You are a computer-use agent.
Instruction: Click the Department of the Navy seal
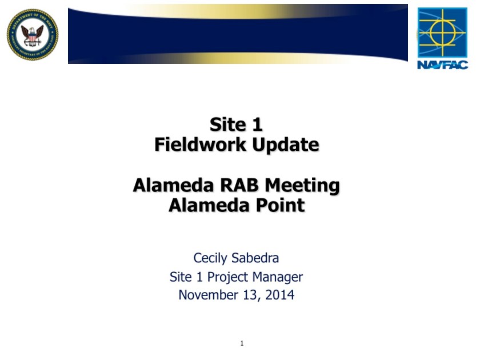coord(33,35)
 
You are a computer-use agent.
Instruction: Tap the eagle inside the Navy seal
coord(32,36)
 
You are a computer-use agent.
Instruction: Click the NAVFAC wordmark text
coord(443,65)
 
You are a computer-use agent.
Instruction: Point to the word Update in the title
coord(286,145)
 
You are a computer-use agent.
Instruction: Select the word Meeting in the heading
coord(302,186)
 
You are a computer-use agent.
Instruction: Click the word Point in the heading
coord(280,205)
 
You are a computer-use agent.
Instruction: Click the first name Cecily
coord(210,258)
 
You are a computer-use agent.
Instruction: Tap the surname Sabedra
coord(255,258)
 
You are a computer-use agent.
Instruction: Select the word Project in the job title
coord(227,277)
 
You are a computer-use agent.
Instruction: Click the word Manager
coord(278,277)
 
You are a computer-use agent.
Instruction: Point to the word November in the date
coord(208,295)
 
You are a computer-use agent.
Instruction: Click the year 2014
coord(280,295)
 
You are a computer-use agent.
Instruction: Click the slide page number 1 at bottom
coord(242,343)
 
